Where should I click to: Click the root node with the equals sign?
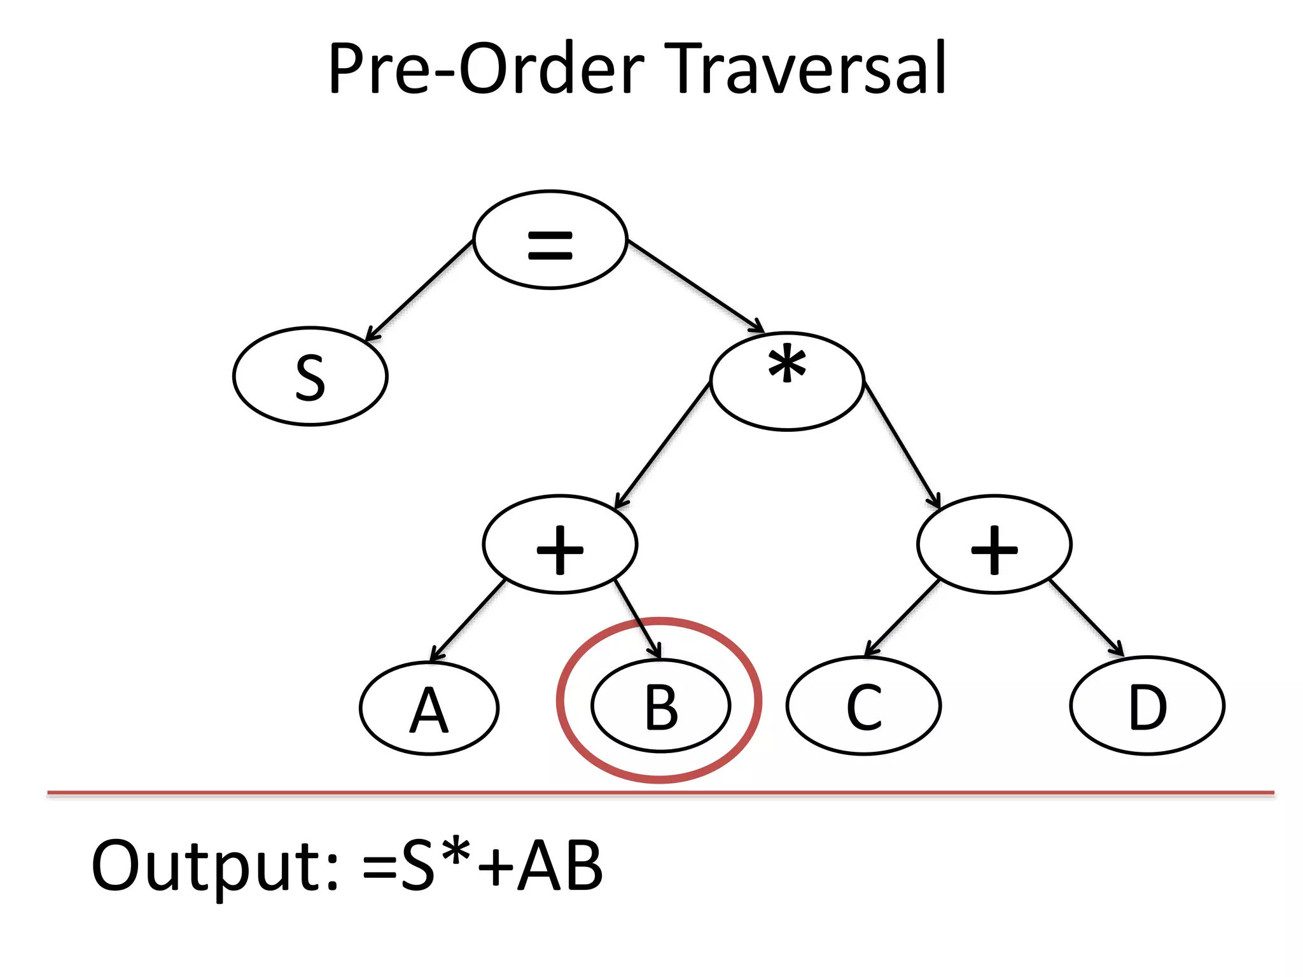click(x=550, y=240)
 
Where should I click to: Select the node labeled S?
click(x=310, y=377)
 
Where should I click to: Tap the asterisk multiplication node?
click(x=787, y=382)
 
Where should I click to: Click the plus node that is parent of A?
click(x=560, y=544)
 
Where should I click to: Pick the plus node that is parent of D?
click(x=994, y=544)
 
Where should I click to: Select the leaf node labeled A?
click(x=429, y=708)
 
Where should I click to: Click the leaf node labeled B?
click(x=660, y=706)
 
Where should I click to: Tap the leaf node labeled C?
click(x=863, y=706)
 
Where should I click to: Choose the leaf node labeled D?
click(x=1147, y=706)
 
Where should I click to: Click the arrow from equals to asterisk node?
click(x=695, y=285)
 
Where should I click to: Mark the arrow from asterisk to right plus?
click(x=901, y=444)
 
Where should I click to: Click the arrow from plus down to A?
click(x=468, y=621)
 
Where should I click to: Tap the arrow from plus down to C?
click(x=902, y=618)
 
